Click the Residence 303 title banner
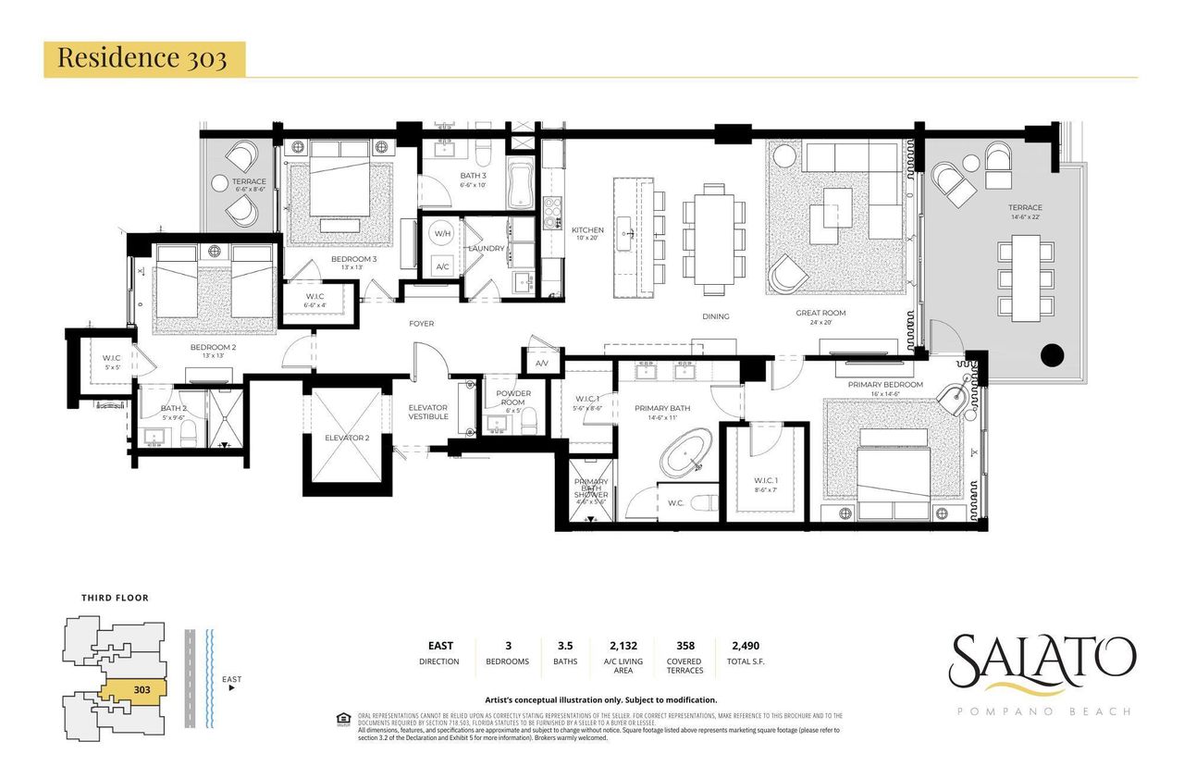[x=144, y=57]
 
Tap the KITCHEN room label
[x=587, y=230]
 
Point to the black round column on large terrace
[x=1052, y=354]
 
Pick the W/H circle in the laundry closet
[x=443, y=234]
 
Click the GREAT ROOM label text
[x=820, y=314]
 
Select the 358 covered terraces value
[x=684, y=647]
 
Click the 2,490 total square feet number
[x=747, y=647]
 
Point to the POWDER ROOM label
[x=512, y=398]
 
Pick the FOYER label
[x=422, y=324]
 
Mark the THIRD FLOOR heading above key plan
[x=115, y=598]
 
